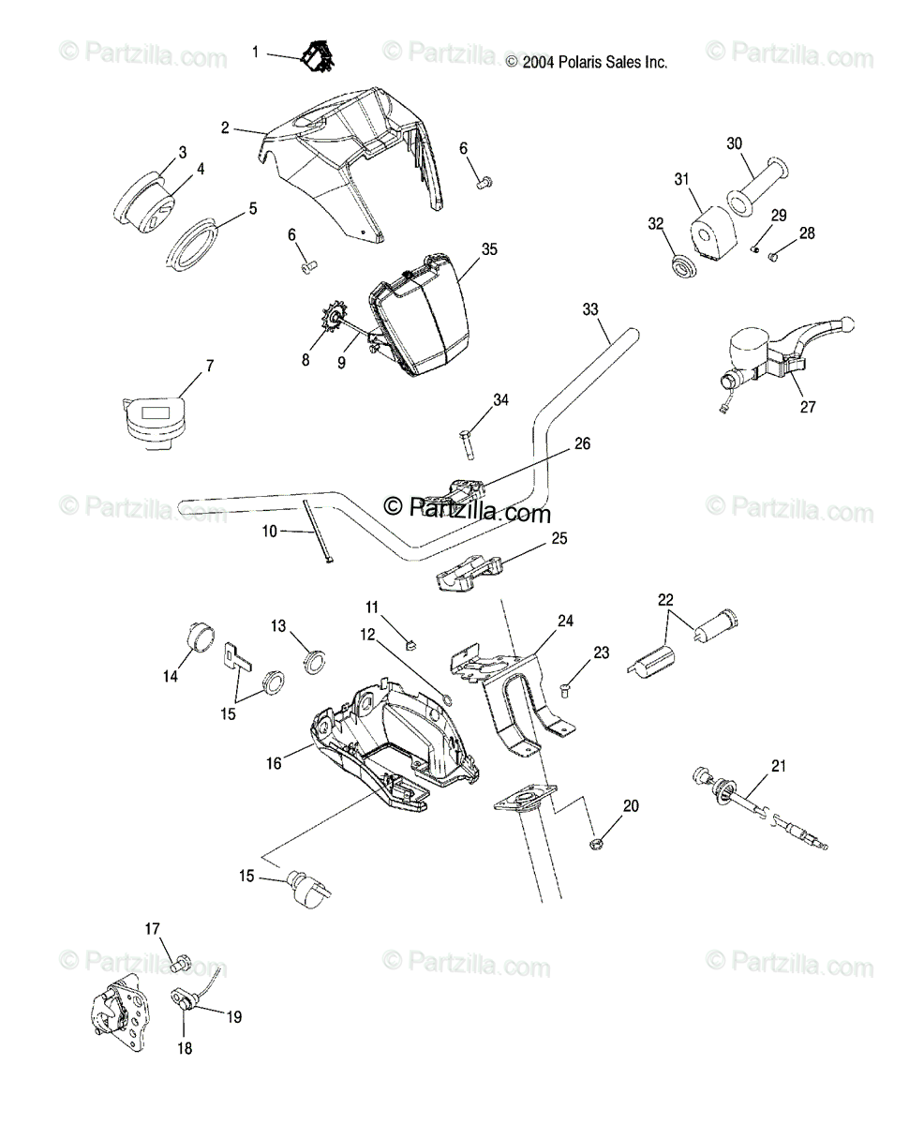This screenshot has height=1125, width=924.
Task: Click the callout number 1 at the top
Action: click(256, 52)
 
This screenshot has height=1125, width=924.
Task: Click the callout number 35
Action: click(489, 249)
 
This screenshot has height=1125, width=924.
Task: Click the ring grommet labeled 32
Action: click(683, 266)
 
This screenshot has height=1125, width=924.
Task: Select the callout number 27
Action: click(808, 407)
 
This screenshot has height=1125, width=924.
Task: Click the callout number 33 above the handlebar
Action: click(589, 308)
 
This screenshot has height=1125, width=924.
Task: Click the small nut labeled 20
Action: click(596, 847)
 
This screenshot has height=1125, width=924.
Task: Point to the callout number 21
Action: click(778, 766)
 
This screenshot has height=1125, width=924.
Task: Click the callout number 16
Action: click(274, 764)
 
